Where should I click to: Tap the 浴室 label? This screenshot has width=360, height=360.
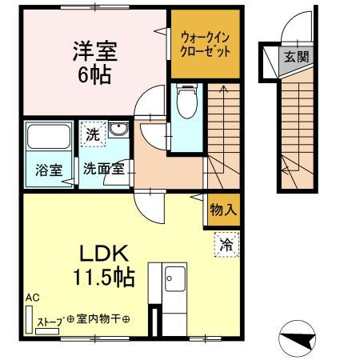[x=48, y=169]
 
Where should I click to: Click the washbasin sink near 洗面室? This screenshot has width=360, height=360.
[x=118, y=130]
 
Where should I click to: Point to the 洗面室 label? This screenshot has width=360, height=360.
[x=103, y=169]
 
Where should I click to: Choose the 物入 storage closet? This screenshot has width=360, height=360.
[x=223, y=210]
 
